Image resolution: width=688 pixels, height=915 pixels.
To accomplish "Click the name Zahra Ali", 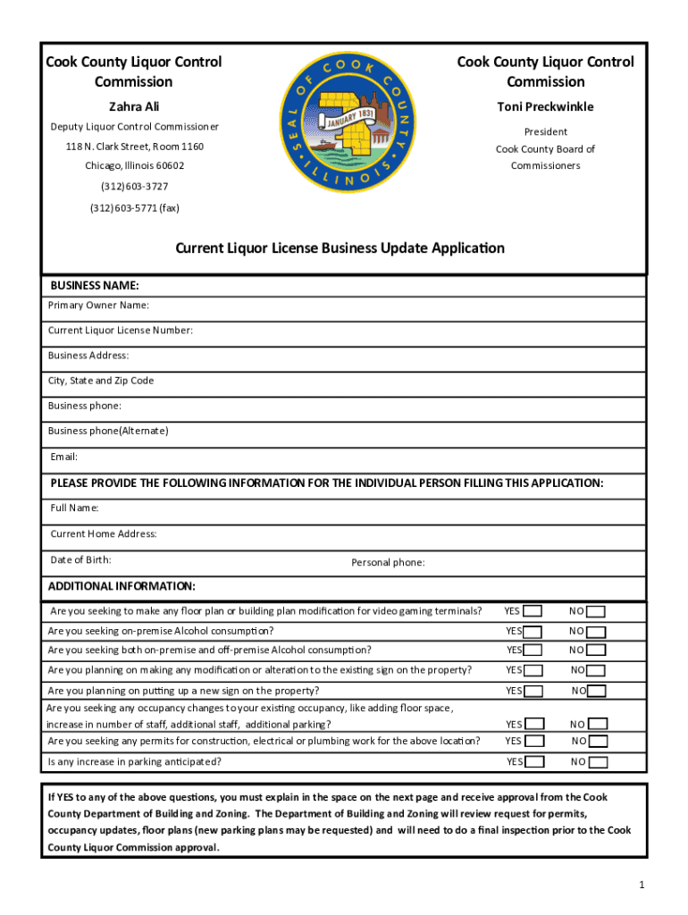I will [x=134, y=106].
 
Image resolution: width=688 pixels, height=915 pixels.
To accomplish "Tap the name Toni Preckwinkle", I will [x=545, y=106].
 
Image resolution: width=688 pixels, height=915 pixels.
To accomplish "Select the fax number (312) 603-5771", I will [x=134, y=207].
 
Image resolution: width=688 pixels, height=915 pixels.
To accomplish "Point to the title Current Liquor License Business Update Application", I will [x=340, y=248].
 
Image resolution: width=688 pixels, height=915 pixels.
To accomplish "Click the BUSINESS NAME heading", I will [x=95, y=286].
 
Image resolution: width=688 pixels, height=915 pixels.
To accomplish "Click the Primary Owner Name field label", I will [x=98, y=306].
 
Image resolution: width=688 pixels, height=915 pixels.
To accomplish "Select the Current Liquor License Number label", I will [x=120, y=331].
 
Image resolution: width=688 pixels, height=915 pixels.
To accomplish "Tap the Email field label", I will [x=63, y=457].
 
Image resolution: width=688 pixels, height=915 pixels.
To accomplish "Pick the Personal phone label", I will [x=388, y=562].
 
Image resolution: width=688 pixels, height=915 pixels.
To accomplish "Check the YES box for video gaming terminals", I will [x=533, y=612].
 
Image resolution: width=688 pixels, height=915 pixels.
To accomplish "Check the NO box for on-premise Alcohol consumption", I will [x=596, y=632].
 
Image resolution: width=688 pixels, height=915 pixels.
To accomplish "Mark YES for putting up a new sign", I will [x=533, y=692].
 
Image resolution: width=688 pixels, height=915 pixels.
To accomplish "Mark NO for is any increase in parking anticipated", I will [x=599, y=763].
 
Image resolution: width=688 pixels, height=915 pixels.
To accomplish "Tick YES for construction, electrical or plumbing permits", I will [x=534, y=741].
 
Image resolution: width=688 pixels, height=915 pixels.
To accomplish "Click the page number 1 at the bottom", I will [x=642, y=884].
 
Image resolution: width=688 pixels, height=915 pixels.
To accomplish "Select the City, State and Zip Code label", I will [x=100, y=381].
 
